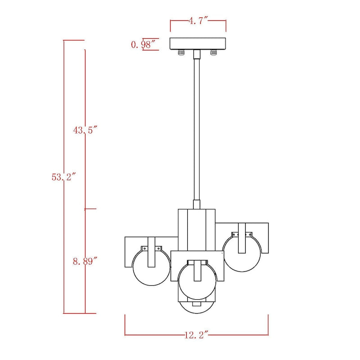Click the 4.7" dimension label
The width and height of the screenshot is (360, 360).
pyautogui.click(x=198, y=21)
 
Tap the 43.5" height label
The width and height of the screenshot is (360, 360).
pyautogui.click(x=85, y=130)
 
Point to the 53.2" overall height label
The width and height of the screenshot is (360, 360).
pyautogui.click(x=63, y=177)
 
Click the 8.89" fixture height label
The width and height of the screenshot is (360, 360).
pyautogui.click(x=85, y=261)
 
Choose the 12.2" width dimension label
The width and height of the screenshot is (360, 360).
pyautogui.click(x=197, y=335)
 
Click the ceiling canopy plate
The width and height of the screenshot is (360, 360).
pyautogui.click(x=198, y=44)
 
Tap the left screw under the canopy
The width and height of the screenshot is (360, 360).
pyautogui.click(x=181, y=53)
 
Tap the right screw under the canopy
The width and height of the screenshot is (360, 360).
pyautogui.click(x=213, y=53)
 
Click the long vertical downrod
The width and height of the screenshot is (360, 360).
pyautogui.click(x=197, y=130)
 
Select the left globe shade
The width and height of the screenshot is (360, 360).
pyautogui.click(x=151, y=268)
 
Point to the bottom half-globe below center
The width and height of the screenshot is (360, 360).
pyautogui.click(x=197, y=308)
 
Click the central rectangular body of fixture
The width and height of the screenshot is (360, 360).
pyautogui.click(x=197, y=229)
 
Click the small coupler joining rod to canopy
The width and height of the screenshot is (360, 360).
pyautogui.click(x=197, y=54)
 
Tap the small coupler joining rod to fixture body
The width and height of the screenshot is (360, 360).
pyautogui.click(x=197, y=204)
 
